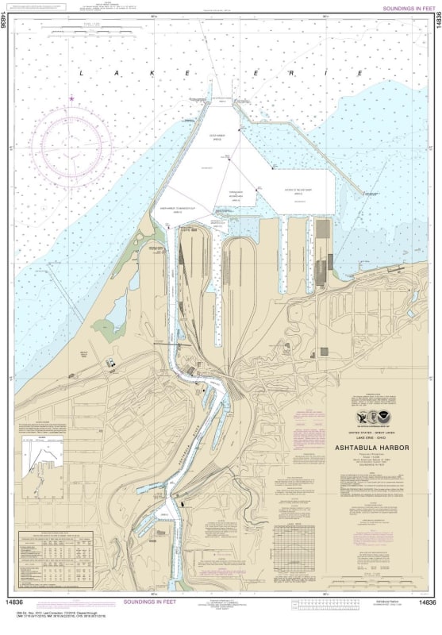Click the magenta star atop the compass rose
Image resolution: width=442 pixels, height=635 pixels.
[x=71, y=98]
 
